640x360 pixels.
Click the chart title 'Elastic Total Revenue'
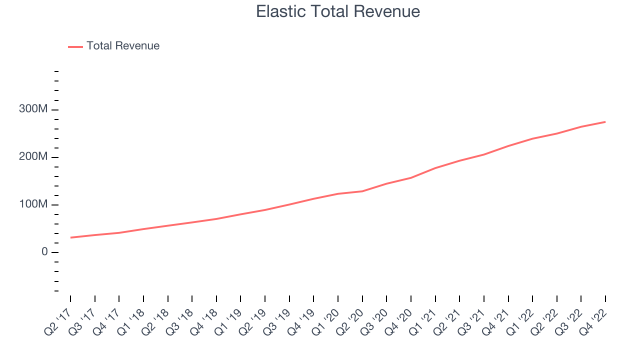coord(338,11)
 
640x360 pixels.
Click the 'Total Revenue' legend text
coord(123,46)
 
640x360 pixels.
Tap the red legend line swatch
coord(75,46)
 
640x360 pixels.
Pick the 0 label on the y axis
coord(45,252)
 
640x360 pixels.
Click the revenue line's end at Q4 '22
coord(605,122)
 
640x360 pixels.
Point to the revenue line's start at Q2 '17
coord(70,237)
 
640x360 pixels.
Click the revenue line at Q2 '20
coord(362,191)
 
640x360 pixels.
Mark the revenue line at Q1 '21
coord(435,168)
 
